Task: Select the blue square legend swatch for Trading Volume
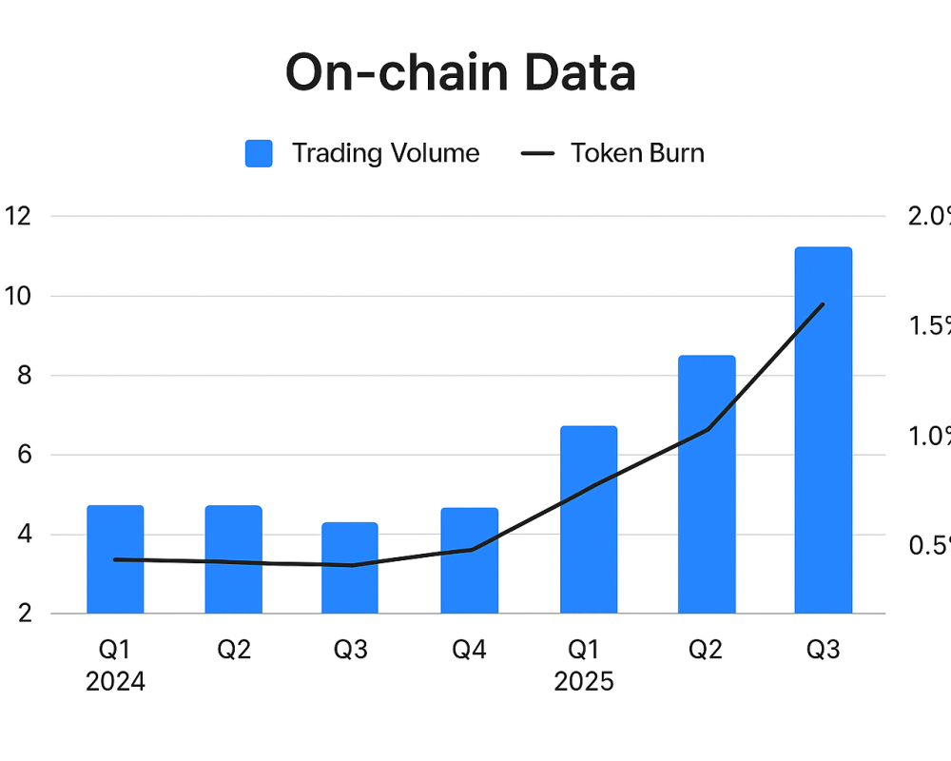click(259, 153)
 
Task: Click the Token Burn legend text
click(637, 153)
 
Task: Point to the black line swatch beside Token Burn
click(538, 154)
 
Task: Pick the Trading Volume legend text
click(385, 153)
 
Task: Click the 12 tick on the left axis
click(18, 216)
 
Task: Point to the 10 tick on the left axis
click(18, 296)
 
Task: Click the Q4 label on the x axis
click(469, 650)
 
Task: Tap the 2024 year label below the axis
click(115, 682)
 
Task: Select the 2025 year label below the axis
click(584, 682)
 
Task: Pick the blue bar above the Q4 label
click(470, 561)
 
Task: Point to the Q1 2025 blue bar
click(589, 519)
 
